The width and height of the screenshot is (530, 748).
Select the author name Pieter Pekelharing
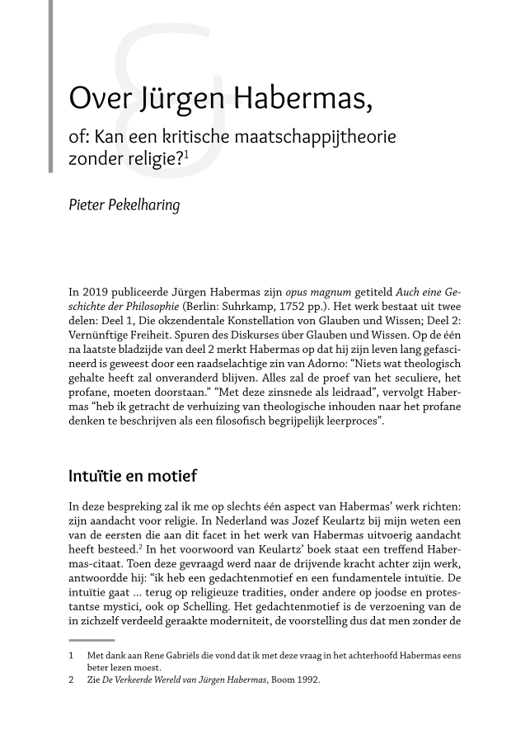124,205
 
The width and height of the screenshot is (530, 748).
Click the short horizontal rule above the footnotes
87,639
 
